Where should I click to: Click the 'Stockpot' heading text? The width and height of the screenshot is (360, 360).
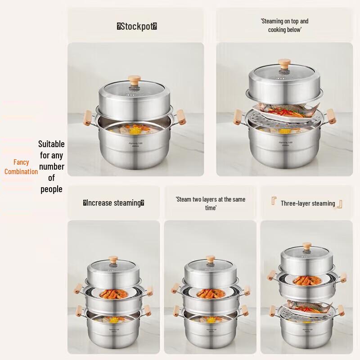pos(137,26)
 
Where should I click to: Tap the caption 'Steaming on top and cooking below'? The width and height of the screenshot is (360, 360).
pos(284,25)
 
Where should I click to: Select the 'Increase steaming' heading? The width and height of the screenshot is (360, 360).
pos(113,203)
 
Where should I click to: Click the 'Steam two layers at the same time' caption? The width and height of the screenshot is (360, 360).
pos(210,203)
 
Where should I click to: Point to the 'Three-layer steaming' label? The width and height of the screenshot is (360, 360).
pos(308,203)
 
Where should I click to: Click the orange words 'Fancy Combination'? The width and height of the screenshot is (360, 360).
pos(21,167)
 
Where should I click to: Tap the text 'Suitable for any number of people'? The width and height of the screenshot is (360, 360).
pos(51,166)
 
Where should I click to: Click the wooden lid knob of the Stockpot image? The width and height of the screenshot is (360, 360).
pos(134,81)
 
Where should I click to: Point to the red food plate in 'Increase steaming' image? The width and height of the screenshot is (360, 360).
pos(114,295)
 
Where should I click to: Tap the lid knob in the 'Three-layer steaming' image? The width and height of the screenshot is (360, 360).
pos(307,247)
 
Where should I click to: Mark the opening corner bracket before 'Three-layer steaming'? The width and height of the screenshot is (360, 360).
pos(274,202)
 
